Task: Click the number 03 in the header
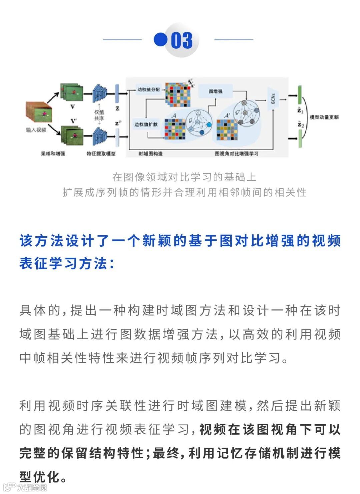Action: (182, 40)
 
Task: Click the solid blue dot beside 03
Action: (160, 39)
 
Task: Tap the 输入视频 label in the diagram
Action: (36, 130)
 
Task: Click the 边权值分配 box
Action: (148, 90)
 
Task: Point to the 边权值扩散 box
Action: (146, 124)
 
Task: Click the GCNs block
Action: (273, 99)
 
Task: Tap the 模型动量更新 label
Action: (324, 117)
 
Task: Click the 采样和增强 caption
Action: (53, 154)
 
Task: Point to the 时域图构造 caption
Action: (150, 154)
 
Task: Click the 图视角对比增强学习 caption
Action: (236, 154)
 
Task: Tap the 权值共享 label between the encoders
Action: (99, 115)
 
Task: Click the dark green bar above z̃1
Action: (300, 95)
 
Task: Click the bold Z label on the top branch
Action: (117, 108)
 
